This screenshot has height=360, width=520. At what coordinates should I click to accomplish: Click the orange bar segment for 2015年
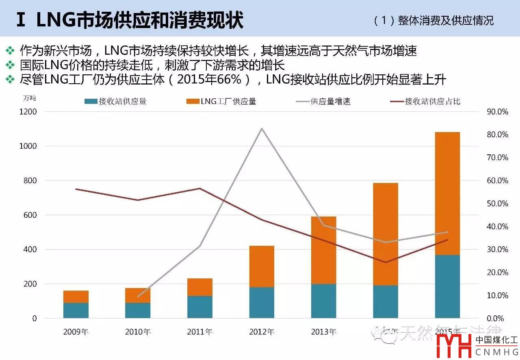447,193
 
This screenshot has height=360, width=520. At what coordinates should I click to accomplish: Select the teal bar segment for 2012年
262,302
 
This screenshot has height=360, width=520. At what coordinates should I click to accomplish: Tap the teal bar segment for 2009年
76,310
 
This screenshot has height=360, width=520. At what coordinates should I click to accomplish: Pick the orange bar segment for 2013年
324,250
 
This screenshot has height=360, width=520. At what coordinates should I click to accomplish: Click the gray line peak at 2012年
262,128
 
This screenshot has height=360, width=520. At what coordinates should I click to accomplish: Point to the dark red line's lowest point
386,262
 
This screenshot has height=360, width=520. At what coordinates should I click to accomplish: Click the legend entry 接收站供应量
116,102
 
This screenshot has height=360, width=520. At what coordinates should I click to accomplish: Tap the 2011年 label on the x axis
200,332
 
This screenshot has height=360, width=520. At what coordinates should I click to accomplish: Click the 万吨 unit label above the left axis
29,98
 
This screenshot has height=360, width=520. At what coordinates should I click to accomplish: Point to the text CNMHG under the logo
496,352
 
